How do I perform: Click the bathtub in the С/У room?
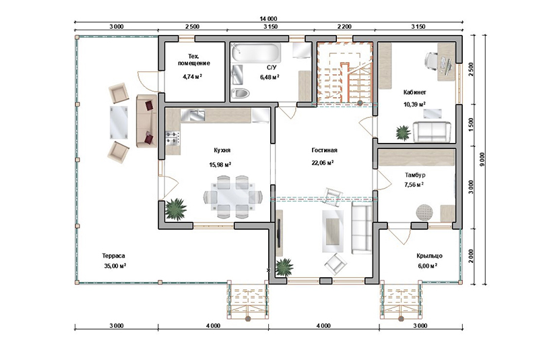click(x=256, y=53)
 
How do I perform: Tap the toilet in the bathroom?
click(x=241, y=93)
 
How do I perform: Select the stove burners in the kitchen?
click(x=172, y=138)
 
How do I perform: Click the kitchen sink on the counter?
click(x=193, y=115)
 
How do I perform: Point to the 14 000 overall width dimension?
click(x=268, y=19)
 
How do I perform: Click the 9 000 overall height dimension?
click(x=482, y=160)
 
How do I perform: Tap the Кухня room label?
click(x=222, y=150)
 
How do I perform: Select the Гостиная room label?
click(x=325, y=150)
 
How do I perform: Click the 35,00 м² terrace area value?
click(x=115, y=266)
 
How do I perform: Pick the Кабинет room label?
click(x=414, y=92)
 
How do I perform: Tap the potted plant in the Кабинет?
click(x=402, y=132)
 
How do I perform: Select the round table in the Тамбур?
click(x=425, y=212)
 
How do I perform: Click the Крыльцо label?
click(x=429, y=256)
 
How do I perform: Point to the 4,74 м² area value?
click(x=192, y=77)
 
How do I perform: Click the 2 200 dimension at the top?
click(x=344, y=27)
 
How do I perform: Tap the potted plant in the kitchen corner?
click(x=176, y=209)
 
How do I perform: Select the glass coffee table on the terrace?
click(x=119, y=123)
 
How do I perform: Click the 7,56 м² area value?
click(x=414, y=185)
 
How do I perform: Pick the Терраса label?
click(x=113, y=256)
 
